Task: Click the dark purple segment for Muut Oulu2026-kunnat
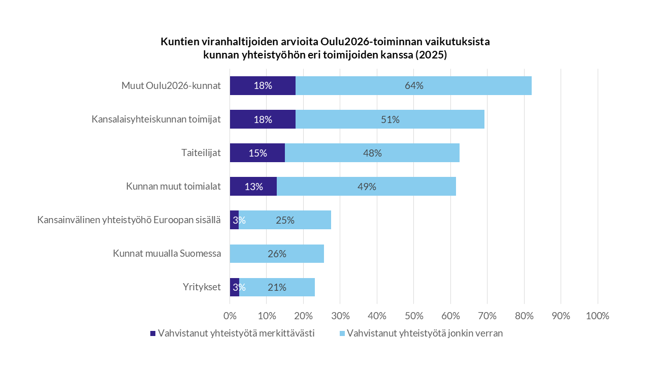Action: coord(263,85)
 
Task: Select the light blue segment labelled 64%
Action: coord(414,85)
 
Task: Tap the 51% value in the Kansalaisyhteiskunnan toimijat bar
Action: coord(390,119)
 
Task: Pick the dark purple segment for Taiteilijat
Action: coord(257,153)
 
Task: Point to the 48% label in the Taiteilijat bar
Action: coord(372,153)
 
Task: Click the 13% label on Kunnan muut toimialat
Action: coord(253,187)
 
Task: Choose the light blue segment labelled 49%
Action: coord(367,187)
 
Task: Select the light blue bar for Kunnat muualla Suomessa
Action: coord(277,254)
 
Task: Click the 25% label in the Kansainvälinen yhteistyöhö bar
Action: coord(285,220)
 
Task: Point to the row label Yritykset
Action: coord(202,287)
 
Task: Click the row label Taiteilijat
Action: coord(201,153)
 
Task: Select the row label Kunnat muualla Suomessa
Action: coord(167,254)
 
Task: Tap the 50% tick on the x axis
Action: coord(413,316)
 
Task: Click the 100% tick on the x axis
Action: coord(597,316)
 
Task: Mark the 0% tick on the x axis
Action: coord(230,316)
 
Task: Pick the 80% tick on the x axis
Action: coord(524,316)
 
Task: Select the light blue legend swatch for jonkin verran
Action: coord(342,334)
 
